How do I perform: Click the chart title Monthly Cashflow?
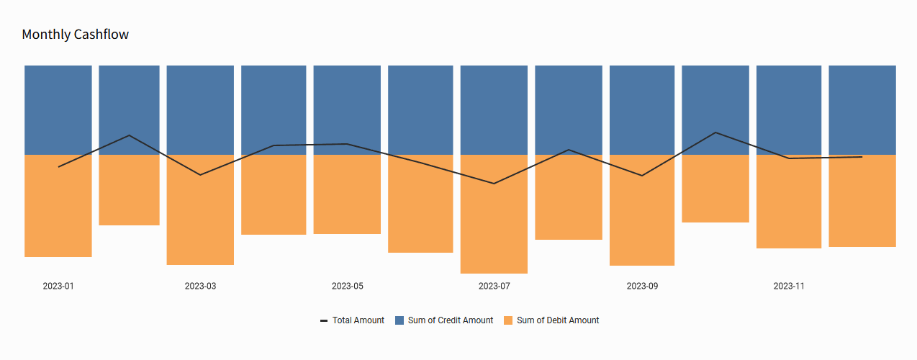click(x=76, y=35)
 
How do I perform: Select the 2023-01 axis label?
click(x=58, y=286)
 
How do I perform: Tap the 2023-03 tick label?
click(x=200, y=286)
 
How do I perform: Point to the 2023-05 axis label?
click(x=348, y=286)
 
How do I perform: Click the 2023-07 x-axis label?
click(x=494, y=286)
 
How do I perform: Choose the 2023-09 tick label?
click(x=642, y=286)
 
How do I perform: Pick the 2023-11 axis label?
click(x=789, y=286)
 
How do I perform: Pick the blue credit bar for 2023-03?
click(x=200, y=108)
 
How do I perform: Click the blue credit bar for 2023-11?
click(x=789, y=108)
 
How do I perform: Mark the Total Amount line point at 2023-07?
click(x=494, y=184)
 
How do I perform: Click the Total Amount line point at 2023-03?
click(x=200, y=175)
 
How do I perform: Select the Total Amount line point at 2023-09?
click(x=642, y=176)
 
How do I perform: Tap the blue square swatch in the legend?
click(x=399, y=320)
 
